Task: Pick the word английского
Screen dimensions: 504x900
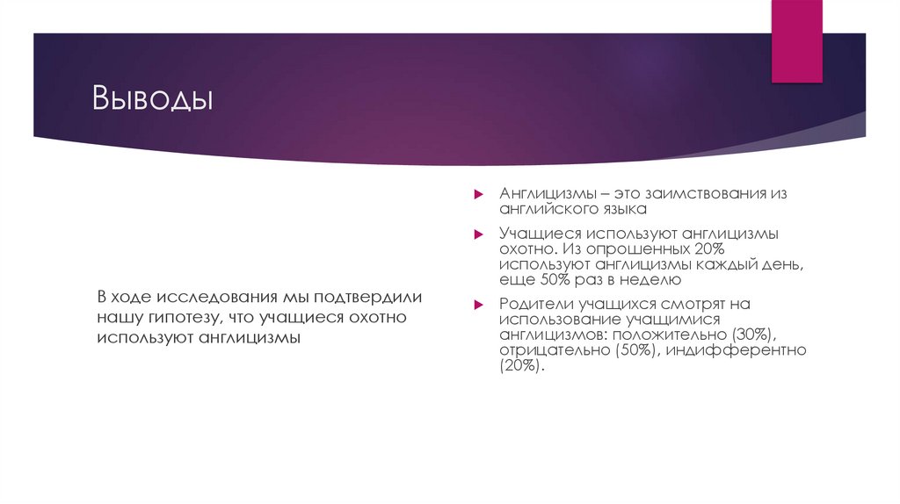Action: pyautogui.click(x=547, y=210)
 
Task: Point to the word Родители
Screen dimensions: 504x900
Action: pyautogui.click(x=536, y=304)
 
